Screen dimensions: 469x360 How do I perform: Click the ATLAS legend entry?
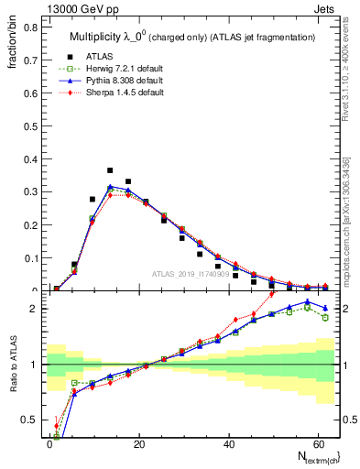(98, 56)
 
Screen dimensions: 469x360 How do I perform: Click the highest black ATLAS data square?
(110, 170)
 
